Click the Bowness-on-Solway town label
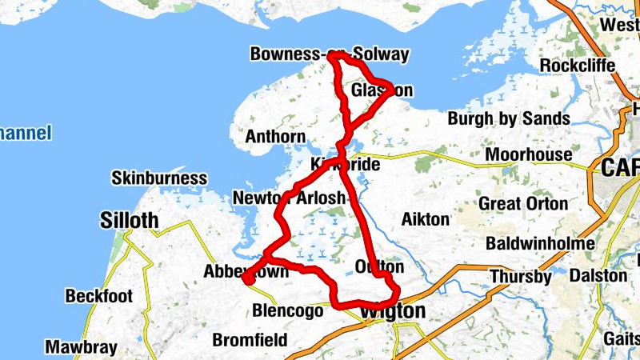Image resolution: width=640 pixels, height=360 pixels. tap(330, 54)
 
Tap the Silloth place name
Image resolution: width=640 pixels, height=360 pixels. tap(130, 220)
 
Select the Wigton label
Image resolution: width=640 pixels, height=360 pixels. tap(392, 310)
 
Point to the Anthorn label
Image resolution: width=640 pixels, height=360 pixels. tap(275, 136)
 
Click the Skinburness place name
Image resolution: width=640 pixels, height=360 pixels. tap(159, 178)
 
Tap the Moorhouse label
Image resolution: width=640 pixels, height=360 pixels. tap(529, 154)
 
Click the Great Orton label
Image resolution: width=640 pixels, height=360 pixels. tap(523, 203)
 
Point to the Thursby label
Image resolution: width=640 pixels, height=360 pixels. tap(521, 278)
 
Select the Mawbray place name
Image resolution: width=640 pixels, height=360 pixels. tap(81, 347)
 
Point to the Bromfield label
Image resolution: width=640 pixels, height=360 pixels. tap(250, 340)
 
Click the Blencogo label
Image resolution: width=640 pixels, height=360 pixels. tap(287, 310)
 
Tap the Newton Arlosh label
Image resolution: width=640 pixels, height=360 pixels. tap(289, 198)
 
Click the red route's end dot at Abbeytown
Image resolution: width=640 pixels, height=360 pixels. tap(248, 278)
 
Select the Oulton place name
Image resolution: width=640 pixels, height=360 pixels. tap(378, 266)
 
